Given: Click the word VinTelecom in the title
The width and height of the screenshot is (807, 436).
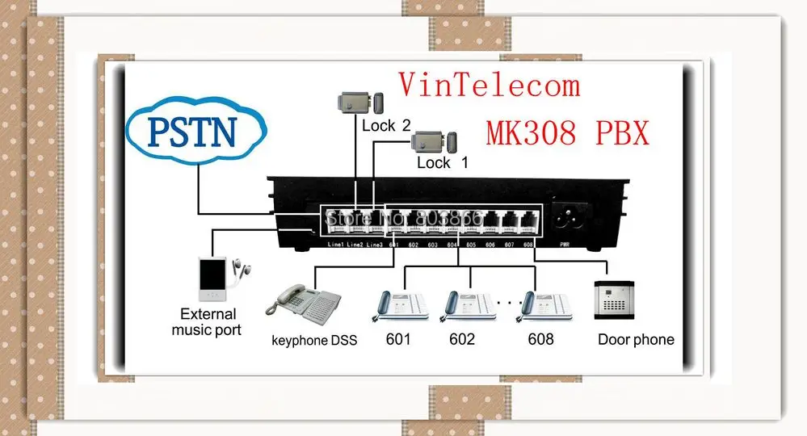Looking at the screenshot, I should [489, 84].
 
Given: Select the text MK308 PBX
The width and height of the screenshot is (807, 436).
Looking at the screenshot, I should [567, 131].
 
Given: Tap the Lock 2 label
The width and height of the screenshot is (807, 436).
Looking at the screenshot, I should [385, 125].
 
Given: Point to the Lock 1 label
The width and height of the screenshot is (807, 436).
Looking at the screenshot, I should [442, 163].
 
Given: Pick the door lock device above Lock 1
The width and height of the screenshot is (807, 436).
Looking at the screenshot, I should [435, 142].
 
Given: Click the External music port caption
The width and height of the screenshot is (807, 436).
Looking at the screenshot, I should [208, 322].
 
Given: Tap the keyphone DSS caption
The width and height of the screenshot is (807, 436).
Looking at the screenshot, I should [314, 341].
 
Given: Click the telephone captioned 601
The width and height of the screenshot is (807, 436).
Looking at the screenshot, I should [398, 304].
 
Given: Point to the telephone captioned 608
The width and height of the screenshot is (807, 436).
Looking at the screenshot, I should [540, 304].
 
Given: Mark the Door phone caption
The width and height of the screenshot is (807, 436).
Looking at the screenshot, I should [636, 340].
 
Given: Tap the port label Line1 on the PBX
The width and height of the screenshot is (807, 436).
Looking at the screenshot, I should [336, 244].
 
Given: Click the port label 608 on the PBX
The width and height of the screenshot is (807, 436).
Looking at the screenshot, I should [528, 244].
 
